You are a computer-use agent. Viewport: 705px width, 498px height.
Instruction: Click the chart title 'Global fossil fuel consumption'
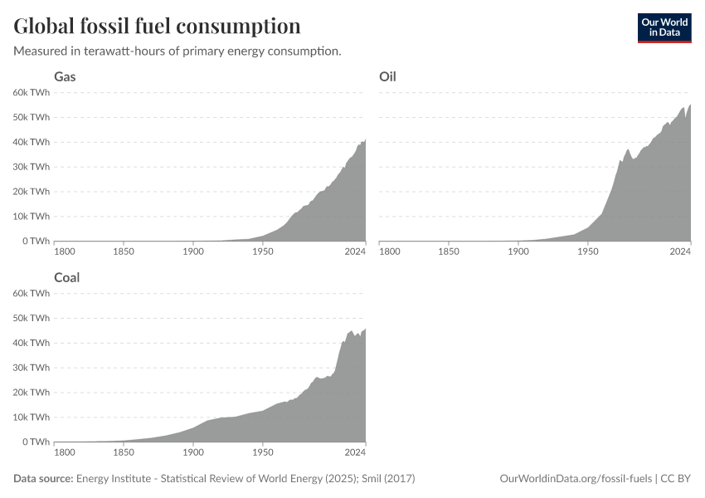coord(157,27)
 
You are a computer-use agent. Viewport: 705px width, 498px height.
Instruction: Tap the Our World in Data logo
coord(664,27)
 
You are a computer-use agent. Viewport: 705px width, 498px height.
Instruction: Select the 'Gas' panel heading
coord(66,76)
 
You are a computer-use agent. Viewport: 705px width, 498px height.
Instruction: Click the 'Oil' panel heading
coord(387,76)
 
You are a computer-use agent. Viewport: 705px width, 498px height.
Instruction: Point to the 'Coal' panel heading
coord(67,277)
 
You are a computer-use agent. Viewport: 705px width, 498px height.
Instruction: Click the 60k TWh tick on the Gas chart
coord(32,92)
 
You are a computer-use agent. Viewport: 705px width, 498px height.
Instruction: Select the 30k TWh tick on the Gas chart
coord(32,166)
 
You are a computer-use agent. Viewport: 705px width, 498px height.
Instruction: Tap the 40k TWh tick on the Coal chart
coord(32,343)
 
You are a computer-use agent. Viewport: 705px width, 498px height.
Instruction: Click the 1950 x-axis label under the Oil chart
coord(588,251)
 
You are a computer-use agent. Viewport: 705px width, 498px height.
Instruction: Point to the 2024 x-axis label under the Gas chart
coord(355,251)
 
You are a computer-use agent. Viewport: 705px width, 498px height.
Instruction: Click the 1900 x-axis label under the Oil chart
coord(518,251)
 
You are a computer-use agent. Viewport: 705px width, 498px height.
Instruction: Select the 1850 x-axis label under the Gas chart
coord(124,251)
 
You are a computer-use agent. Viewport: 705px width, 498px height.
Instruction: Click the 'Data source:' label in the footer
coord(43,479)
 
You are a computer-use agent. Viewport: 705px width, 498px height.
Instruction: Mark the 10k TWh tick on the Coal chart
coord(32,417)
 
